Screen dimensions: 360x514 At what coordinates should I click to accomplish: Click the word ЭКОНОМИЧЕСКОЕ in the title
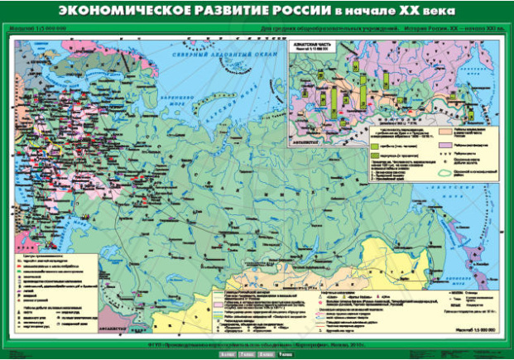[120, 12]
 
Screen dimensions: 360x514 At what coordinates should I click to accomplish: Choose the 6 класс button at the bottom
[224, 354]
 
